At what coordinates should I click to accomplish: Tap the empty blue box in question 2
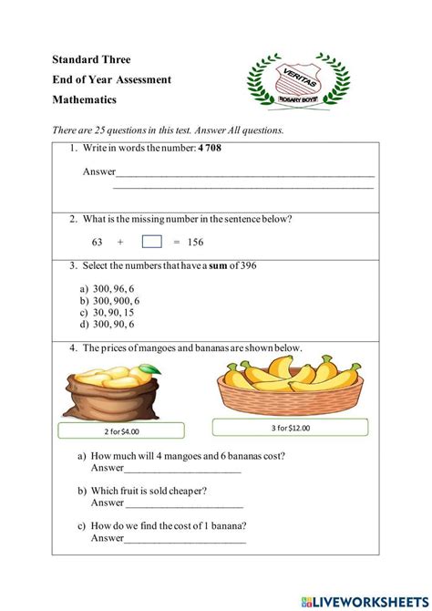(152, 242)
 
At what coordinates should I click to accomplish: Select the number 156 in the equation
(195, 243)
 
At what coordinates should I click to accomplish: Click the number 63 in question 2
(98, 243)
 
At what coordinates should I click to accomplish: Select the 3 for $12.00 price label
(290, 426)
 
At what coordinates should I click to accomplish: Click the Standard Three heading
(91, 60)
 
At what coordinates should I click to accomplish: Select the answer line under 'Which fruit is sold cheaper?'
(184, 503)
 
